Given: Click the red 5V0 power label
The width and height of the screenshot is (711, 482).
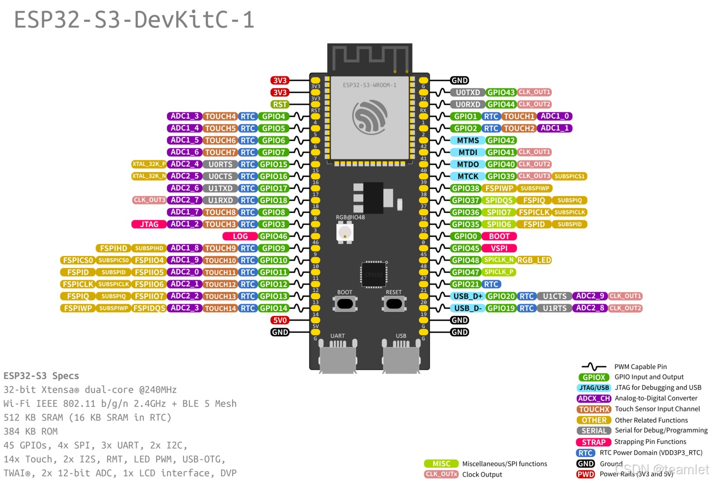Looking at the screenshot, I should pos(280,320).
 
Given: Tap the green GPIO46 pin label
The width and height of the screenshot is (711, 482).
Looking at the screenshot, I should pos(273,236).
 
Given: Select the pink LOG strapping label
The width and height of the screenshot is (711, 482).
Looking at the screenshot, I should pos(240,236).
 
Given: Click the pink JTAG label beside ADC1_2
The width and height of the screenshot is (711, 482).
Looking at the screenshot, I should pos(149,224).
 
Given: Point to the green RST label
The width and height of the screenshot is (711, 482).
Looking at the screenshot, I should pos(280,104).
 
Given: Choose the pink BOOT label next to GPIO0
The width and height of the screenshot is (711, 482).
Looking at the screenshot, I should pos(499,236).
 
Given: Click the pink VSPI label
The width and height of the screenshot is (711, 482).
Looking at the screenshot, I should pos(499,248).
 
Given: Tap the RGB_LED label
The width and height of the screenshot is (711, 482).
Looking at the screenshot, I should pos(534,260).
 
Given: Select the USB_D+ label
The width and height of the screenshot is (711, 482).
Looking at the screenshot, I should pos(467,296).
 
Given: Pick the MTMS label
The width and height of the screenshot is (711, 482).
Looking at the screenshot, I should pos(467,140).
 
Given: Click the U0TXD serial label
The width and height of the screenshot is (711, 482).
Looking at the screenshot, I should pos(467,92).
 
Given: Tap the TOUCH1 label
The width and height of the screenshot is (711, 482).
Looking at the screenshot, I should pos(519,116).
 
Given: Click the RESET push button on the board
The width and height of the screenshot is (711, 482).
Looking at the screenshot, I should pos(394,304).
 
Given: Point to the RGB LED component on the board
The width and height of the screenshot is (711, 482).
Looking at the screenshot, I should pos(345,232).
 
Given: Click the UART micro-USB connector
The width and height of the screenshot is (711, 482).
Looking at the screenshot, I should pos(337,357).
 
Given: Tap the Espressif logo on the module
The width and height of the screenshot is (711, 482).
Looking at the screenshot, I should pos(370,117).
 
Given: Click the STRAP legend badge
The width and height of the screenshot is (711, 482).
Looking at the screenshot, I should pos(594,442).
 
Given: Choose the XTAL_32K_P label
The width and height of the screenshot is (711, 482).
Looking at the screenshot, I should pos(149,164).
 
